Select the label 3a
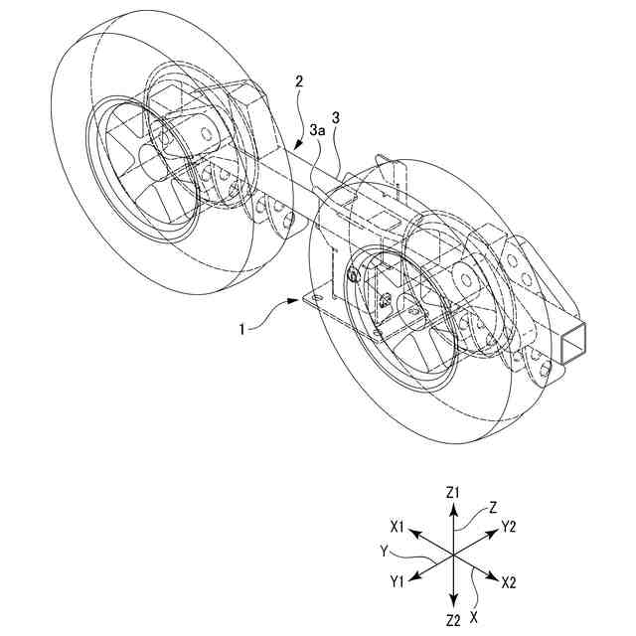click(316, 130)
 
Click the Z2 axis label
click(453, 621)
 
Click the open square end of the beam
click(574, 345)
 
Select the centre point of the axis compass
click(453, 555)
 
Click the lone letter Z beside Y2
click(492, 507)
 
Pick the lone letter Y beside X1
click(384, 549)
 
